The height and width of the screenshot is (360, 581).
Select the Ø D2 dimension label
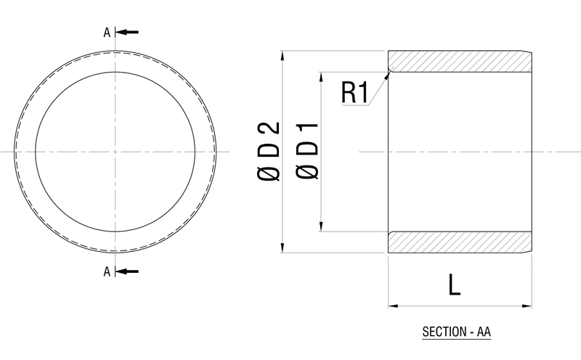tap(268, 152)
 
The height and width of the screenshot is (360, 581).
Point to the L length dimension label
tap(455, 285)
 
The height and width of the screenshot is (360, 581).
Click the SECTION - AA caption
tap(457, 333)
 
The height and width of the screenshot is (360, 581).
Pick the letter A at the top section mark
tap(107, 32)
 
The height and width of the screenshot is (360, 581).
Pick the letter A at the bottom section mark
tap(107, 271)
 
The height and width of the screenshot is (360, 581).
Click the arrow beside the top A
tap(126, 32)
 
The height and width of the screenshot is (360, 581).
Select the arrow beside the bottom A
tap(126, 271)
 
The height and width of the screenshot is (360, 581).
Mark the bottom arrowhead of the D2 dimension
tap(282, 248)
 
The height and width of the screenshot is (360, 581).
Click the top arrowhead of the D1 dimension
tap(320, 76)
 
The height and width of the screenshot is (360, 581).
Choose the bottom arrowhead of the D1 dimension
tap(320, 227)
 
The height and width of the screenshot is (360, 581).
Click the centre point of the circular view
tap(115, 152)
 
